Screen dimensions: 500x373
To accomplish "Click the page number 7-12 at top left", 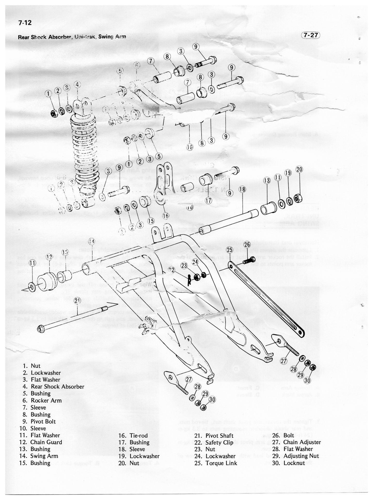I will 25,23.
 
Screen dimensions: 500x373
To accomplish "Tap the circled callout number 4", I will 77,84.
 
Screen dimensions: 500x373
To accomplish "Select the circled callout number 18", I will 242,190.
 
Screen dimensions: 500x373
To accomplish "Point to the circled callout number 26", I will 247,244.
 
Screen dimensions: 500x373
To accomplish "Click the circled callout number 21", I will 77,300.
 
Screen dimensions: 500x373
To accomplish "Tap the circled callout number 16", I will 166,216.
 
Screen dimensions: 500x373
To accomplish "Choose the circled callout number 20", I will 299,169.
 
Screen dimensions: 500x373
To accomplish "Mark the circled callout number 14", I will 91,241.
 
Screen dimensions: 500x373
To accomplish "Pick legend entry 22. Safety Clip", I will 214,442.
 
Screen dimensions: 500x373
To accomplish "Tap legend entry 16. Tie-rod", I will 133,436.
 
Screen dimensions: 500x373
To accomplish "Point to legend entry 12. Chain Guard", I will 41,442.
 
